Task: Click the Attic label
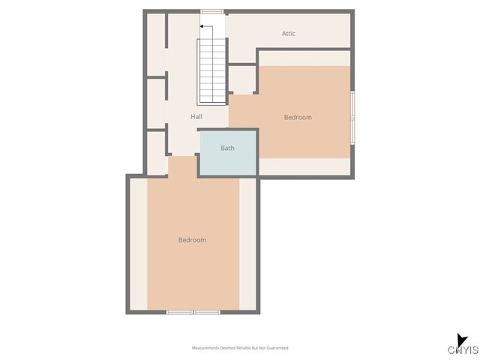point(289,33)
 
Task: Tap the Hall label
point(196,116)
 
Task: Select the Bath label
point(227,148)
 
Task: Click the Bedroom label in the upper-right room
point(297,117)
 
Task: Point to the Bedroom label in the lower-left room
point(192,240)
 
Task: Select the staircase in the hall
point(211,71)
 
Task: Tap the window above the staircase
point(211,11)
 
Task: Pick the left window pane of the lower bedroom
point(179,311)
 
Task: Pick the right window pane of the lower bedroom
point(206,311)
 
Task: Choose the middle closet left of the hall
point(156,103)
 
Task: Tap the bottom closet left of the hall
point(156,152)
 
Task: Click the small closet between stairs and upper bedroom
point(242,79)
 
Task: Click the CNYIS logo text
point(463,350)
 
